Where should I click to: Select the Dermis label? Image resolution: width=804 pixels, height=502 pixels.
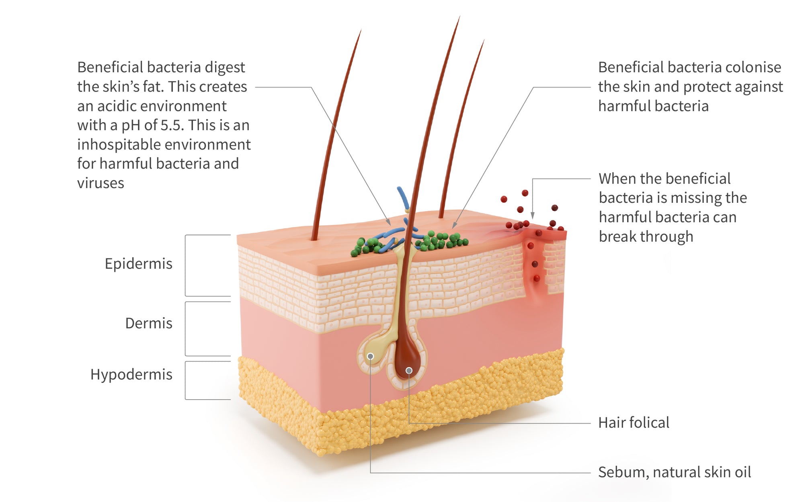click(x=149, y=323)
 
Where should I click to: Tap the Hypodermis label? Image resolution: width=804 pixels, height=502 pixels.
click(x=131, y=375)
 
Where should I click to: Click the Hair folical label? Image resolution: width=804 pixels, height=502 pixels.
click(x=634, y=422)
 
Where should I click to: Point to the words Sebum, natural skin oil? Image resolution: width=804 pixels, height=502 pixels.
click(x=675, y=472)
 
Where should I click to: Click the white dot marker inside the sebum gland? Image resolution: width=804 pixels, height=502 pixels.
click(x=370, y=356)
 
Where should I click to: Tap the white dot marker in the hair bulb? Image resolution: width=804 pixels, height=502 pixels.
click(x=409, y=370)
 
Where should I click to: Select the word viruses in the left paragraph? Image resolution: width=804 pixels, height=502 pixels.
click(x=100, y=183)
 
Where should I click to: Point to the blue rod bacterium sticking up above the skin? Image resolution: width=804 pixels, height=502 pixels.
click(x=403, y=198)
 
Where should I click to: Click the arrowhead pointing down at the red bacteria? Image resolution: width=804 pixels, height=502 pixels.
click(x=533, y=216)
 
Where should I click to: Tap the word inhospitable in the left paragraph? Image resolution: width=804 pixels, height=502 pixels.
click(x=119, y=145)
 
